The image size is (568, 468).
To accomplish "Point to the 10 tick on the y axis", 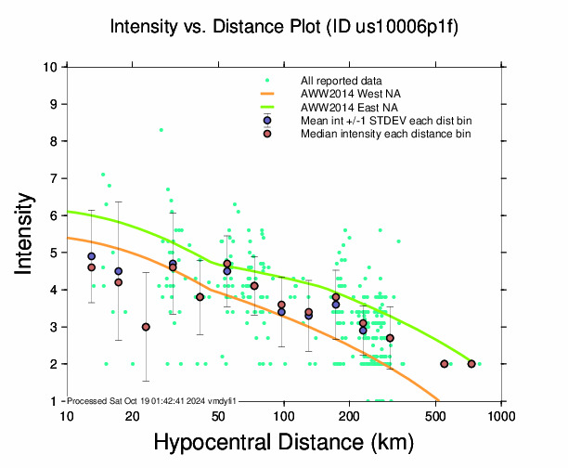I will pos(53,67).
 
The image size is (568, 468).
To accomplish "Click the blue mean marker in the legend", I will pos(267,121).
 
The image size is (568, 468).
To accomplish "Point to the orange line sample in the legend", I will pos(267,94).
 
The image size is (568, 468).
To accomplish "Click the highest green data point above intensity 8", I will pos(161,130).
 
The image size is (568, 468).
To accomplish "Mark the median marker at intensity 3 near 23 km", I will pos(146,327).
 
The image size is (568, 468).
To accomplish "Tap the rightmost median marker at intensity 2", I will pos(471,364).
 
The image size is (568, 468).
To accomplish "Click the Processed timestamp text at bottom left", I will pos(152,399).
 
